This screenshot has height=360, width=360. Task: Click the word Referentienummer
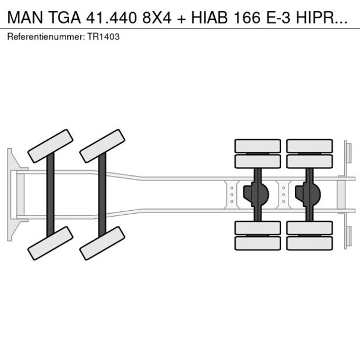(x=46, y=37)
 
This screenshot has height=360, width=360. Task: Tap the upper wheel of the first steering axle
(x=51, y=146)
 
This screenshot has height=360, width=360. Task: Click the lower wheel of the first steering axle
(x=51, y=243)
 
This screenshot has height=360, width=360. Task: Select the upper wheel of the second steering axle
(x=103, y=146)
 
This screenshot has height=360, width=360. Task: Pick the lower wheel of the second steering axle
(x=103, y=243)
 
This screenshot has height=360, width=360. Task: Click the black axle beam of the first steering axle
(x=51, y=194)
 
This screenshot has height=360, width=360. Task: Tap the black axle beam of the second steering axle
(x=102, y=194)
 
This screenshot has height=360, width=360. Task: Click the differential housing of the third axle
(x=257, y=194)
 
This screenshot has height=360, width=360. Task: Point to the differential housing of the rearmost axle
(x=309, y=194)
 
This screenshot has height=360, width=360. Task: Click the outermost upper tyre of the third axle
(x=257, y=146)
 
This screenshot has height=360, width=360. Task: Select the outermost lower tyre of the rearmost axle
(x=309, y=243)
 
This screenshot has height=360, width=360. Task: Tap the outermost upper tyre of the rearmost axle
(x=309, y=146)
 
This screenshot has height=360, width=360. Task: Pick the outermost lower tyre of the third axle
(x=257, y=243)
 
